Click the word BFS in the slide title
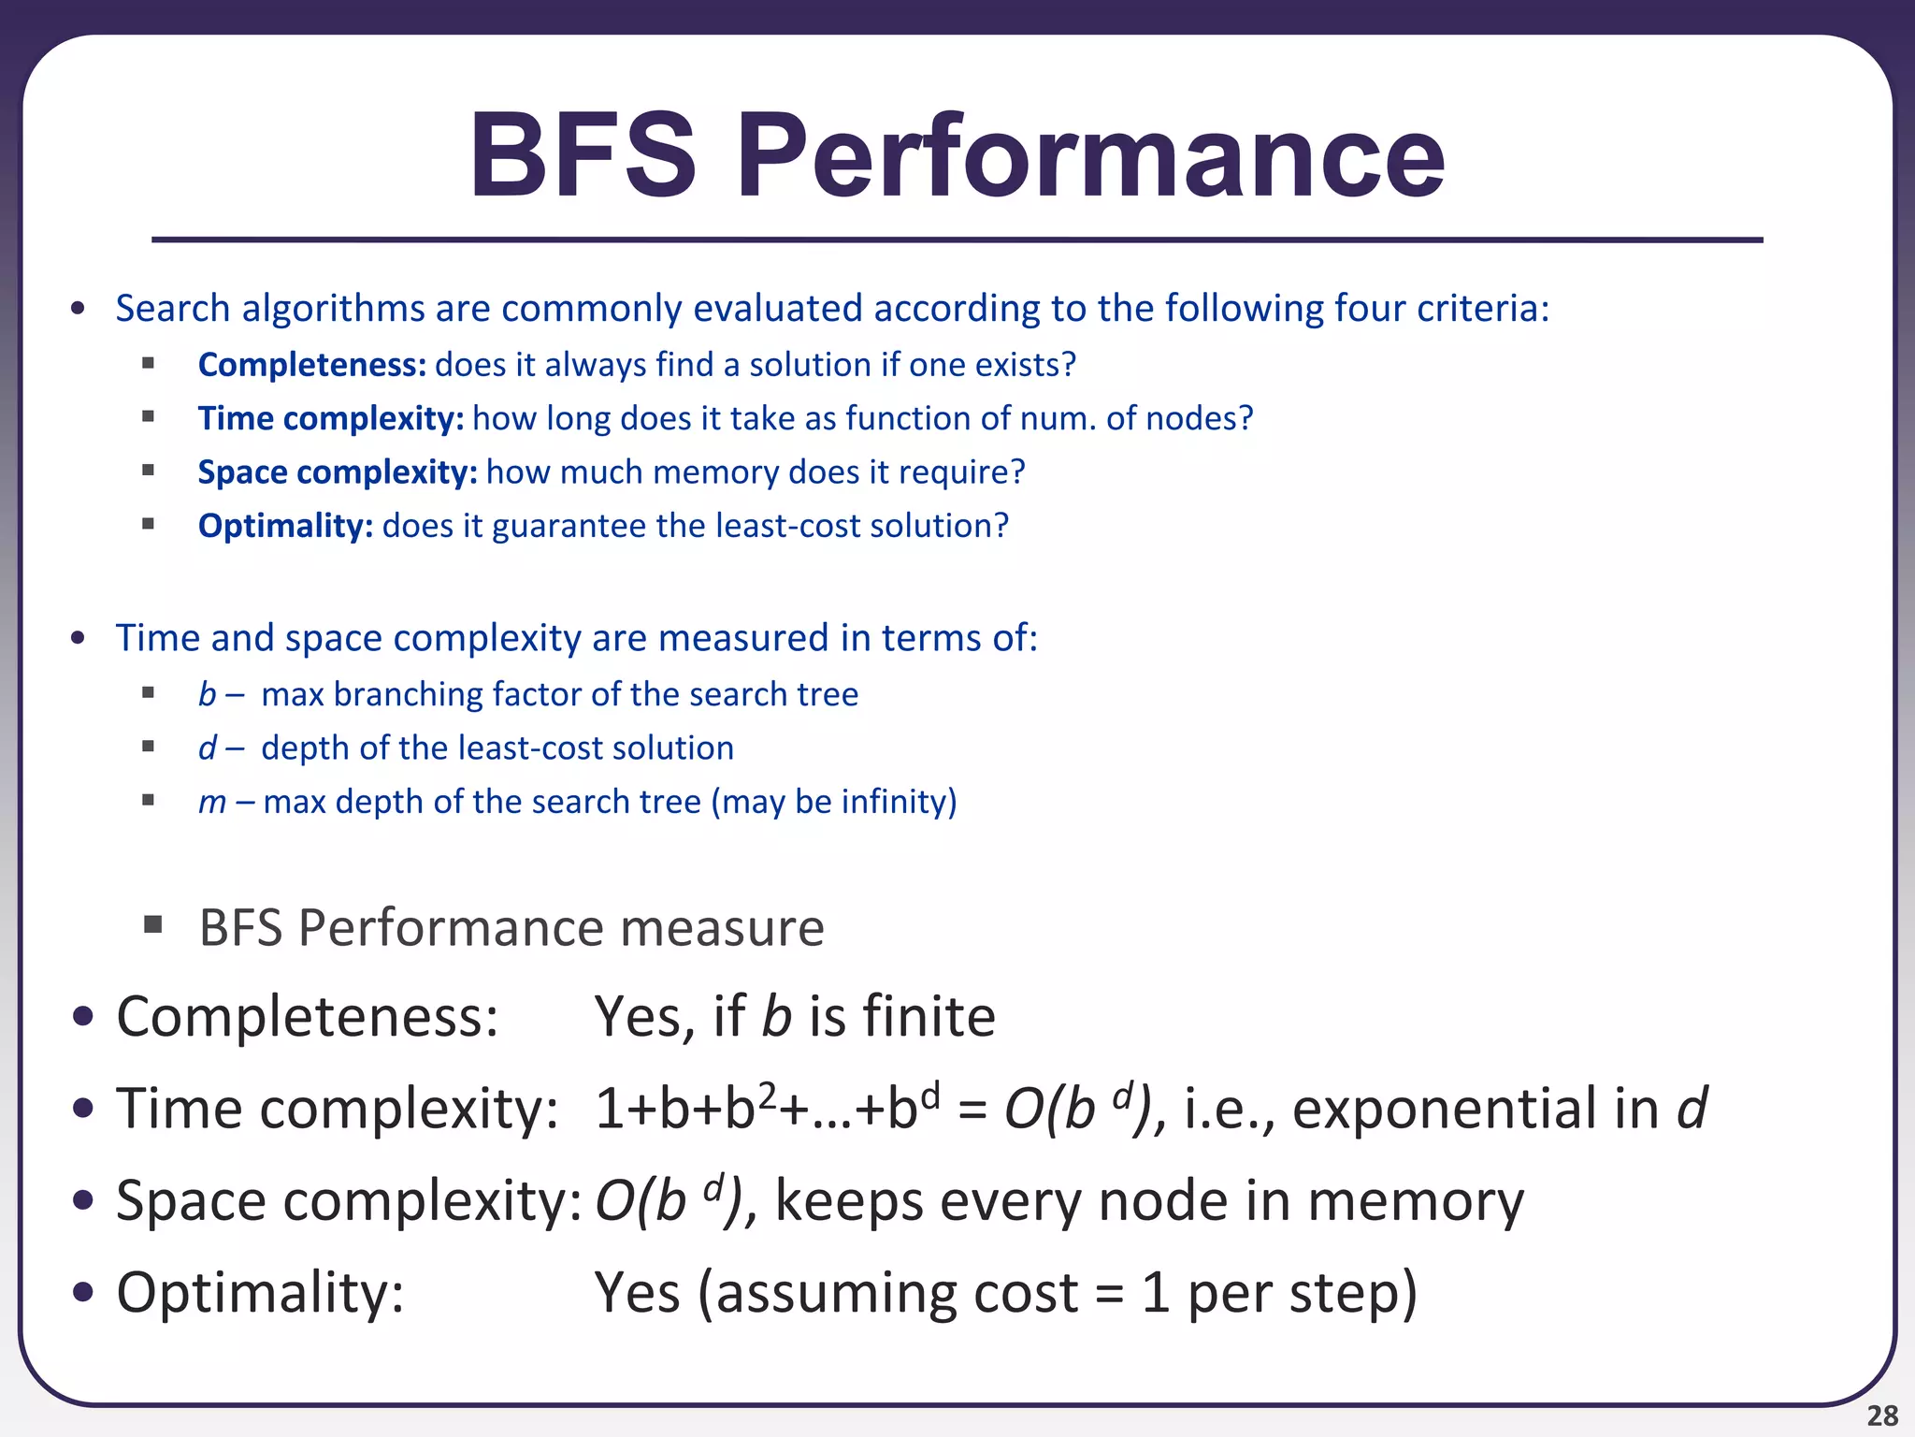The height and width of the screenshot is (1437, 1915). (x=583, y=156)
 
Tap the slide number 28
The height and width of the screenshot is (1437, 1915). (x=1882, y=1415)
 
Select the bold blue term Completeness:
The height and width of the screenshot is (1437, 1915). (x=312, y=365)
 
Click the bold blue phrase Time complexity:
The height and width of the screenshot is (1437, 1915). (x=331, y=418)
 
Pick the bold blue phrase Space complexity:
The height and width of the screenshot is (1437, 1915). (x=338, y=472)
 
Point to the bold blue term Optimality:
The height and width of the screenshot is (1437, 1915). (x=285, y=526)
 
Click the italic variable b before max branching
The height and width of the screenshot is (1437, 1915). (x=207, y=694)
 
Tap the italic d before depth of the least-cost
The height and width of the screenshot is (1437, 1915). (x=207, y=748)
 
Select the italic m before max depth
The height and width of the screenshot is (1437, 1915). (x=212, y=803)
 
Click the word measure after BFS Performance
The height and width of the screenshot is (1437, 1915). (x=722, y=928)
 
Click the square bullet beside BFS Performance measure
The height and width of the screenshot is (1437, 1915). (x=152, y=926)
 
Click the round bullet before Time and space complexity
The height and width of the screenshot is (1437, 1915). (x=79, y=639)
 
